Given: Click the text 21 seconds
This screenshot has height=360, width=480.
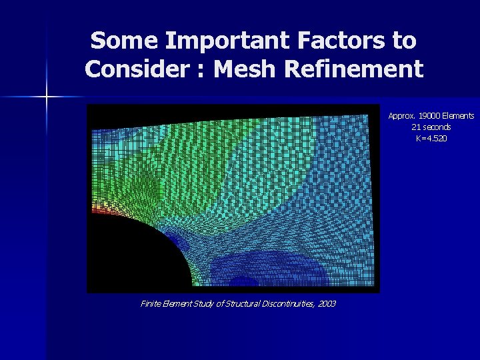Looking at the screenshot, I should (x=431, y=127).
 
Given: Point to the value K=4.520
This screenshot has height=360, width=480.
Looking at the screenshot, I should (x=431, y=138).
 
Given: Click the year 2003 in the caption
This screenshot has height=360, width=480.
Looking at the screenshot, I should (x=327, y=304).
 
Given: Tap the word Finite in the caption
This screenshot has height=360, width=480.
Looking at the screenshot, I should (x=151, y=304).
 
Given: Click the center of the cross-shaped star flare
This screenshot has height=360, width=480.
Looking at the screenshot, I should (x=47, y=97).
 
